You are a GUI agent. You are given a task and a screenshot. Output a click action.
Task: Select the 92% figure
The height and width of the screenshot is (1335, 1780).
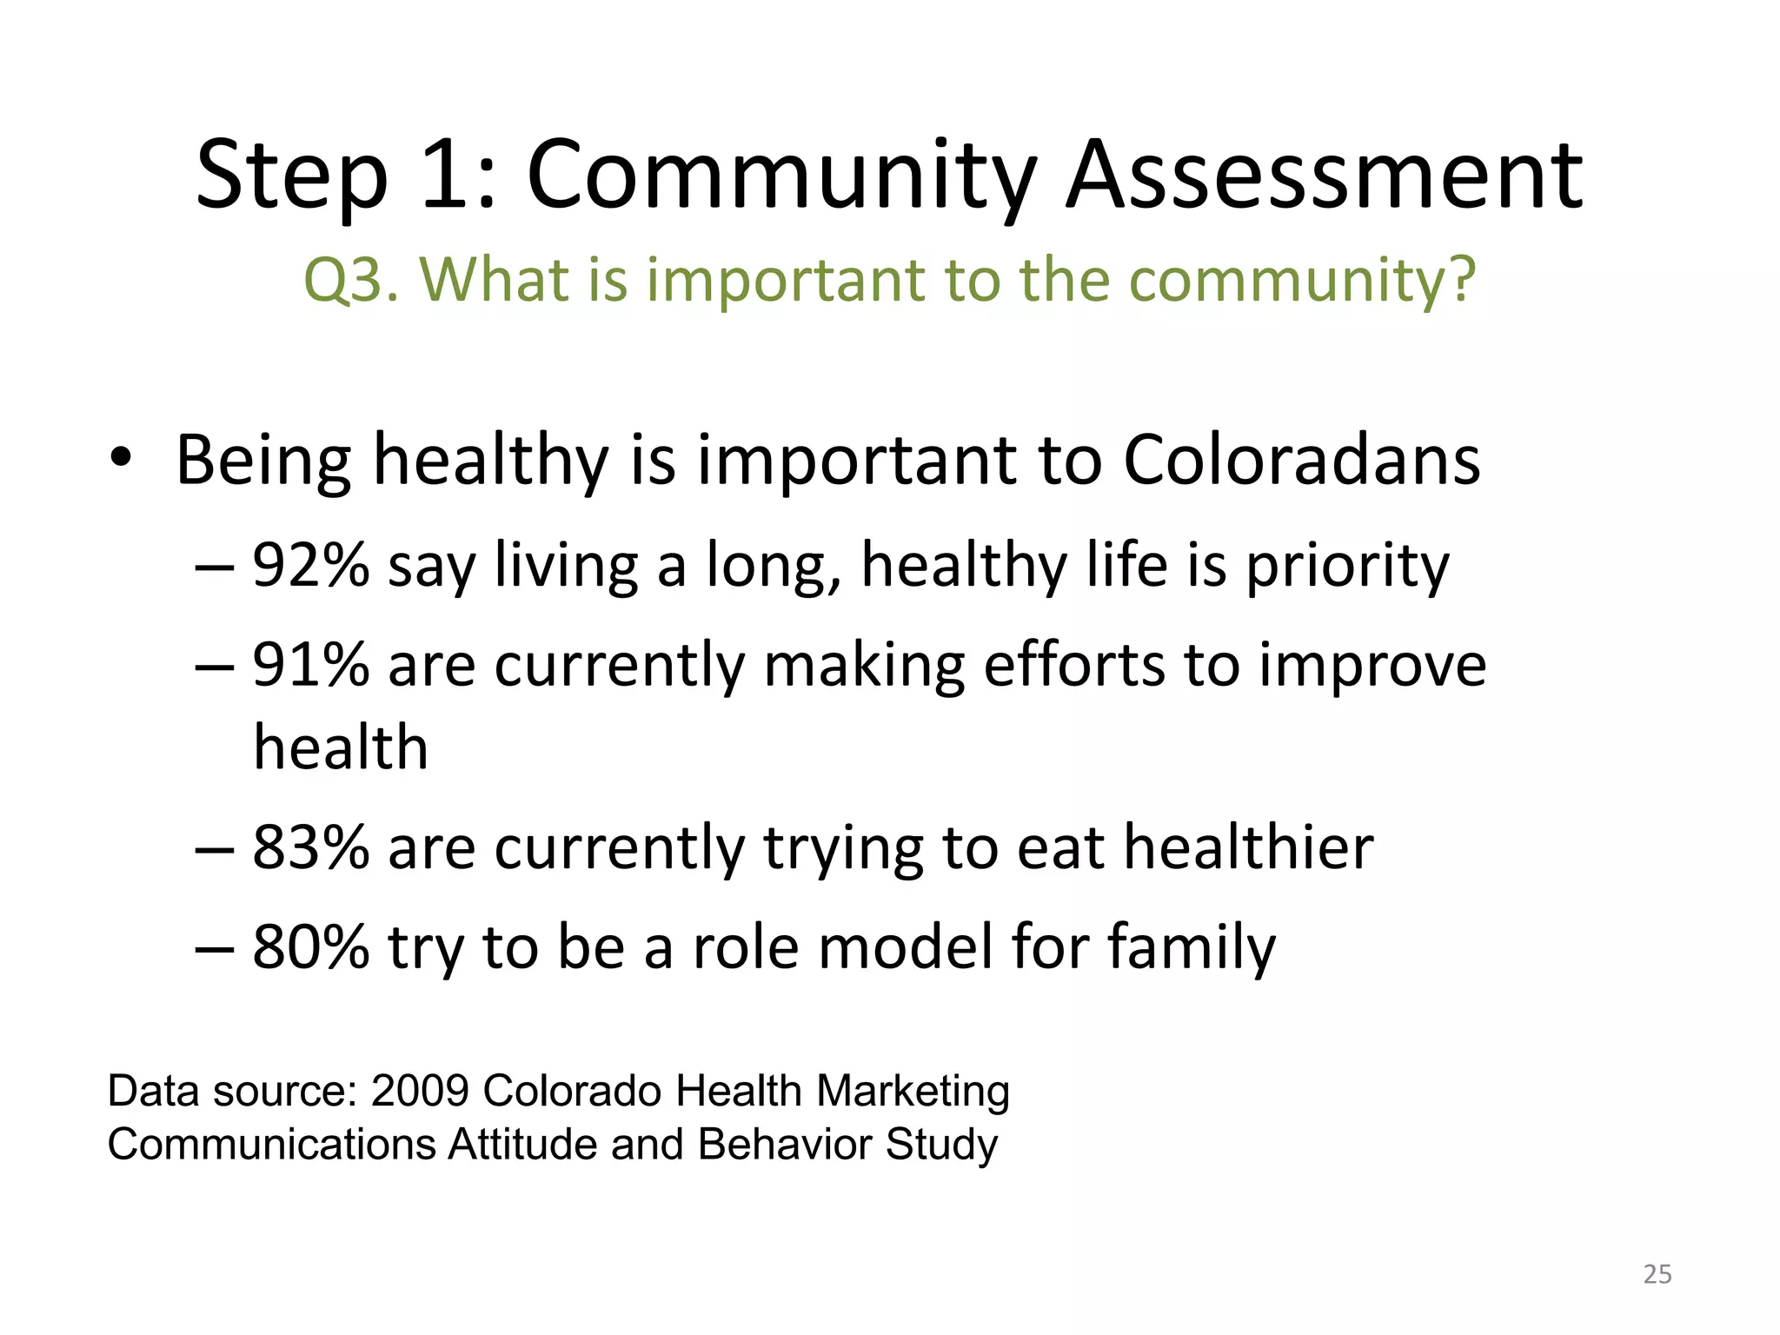tap(311, 565)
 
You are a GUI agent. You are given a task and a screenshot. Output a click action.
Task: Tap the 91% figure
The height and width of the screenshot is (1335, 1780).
tap(311, 665)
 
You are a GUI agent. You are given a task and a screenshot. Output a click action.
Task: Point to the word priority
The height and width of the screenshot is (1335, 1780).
tap(1347, 567)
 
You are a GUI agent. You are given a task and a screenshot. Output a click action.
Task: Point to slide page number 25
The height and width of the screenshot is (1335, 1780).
tap(1657, 1274)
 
